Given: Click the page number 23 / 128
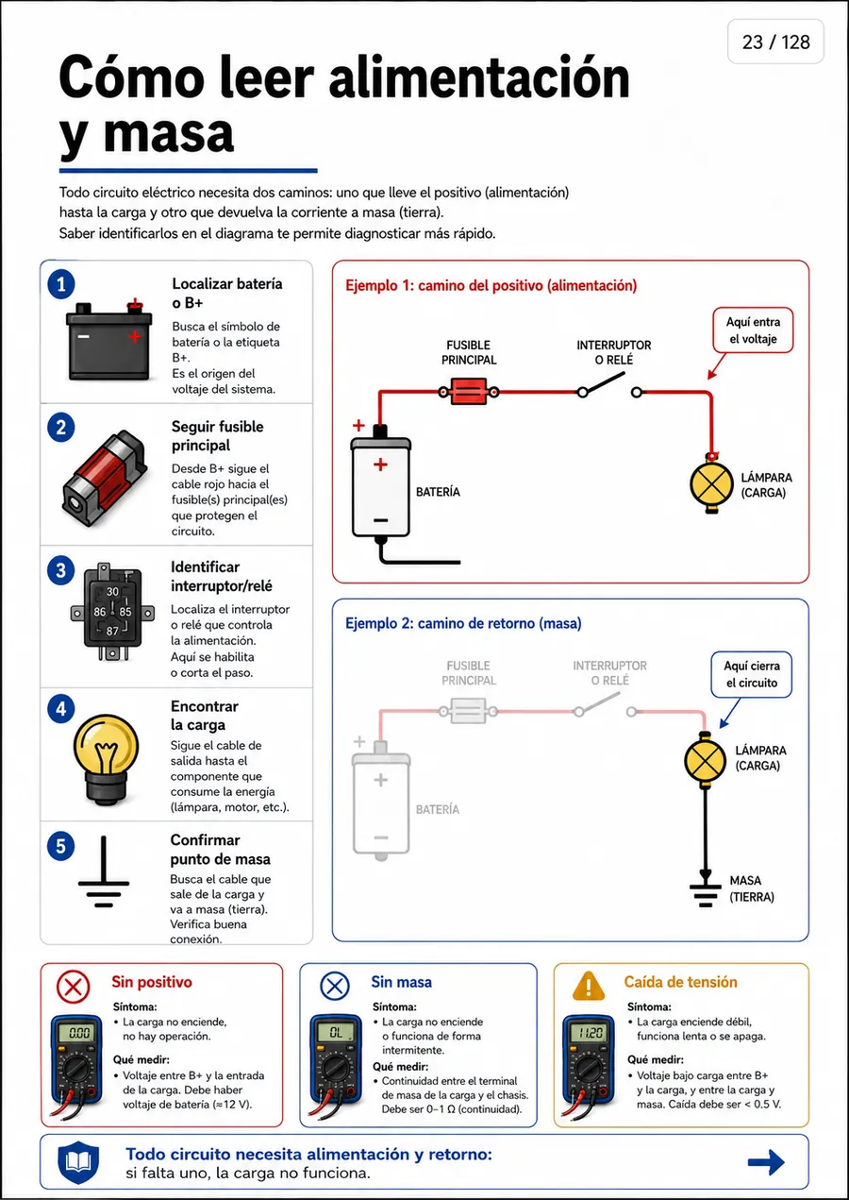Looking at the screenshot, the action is tap(775, 42).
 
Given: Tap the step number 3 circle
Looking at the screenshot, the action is tap(60, 570).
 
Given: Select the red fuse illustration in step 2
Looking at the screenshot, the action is tap(105, 479).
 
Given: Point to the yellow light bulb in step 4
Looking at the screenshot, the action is tap(106, 758).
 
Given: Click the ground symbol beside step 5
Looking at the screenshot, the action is tap(104, 871).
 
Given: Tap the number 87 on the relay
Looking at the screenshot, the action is tap(112, 631).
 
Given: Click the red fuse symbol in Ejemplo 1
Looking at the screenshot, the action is tap(469, 392).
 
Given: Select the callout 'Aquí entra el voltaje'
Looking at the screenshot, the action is tap(753, 330).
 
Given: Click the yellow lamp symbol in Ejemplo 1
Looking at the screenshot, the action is tap(711, 483).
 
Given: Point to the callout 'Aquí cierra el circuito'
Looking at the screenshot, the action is tap(751, 674).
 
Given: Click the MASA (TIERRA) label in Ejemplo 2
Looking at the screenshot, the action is tap(752, 888).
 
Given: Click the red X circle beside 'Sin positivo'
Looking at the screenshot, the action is tap(73, 987).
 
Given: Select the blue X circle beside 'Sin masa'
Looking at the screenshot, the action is tap(335, 987).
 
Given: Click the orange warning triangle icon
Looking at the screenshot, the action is tap(589, 986).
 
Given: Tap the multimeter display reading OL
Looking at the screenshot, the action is tap(336, 1032).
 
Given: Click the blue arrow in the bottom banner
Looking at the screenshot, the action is tap(766, 1162).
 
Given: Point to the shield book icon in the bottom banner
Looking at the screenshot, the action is tap(78, 1162).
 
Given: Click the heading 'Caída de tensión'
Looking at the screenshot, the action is tap(680, 981).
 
